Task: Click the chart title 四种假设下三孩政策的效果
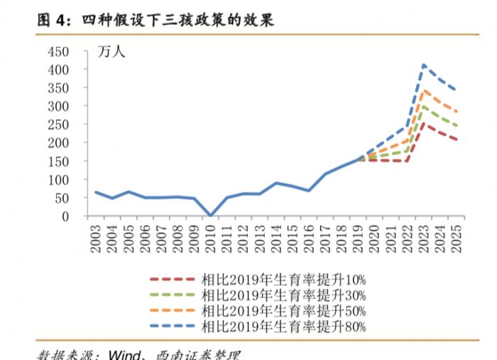pyautogui.click(x=183, y=21)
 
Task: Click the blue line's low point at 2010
pyautogui.click(x=210, y=214)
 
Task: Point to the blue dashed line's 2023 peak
pyautogui.click(x=424, y=65)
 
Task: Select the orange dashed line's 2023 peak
pyautogui.click(x=424, y=91)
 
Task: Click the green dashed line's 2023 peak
pyautogui.click(x=424, y=106)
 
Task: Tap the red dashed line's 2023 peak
pyautogui.click(x=424, y=124)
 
